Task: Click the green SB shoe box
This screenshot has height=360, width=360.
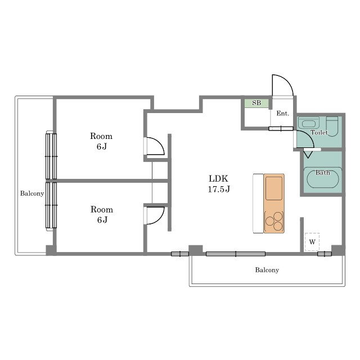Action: (256, 103)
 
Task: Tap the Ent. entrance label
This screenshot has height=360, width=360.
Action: (282, 114)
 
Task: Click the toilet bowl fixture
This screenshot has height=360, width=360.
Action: (332, 127)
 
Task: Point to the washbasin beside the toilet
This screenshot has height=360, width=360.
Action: (309, 124)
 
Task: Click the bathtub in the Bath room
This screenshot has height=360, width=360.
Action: (322, 177)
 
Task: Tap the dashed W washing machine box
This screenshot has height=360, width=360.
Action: (312, 242)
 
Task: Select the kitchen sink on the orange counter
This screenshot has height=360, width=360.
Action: (274, 188)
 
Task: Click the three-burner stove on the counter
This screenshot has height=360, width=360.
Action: (274, 221)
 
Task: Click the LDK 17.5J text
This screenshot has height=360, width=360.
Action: (219, 184)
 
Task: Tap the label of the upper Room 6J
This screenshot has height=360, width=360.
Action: (101, 141)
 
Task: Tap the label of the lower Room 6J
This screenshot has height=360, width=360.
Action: (102, 215)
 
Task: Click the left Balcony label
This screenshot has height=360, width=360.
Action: (32, 193)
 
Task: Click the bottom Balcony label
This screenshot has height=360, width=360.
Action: (267, 270)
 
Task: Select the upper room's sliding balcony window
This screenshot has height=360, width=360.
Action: (51, 156)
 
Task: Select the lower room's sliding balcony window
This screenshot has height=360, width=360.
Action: (51, 205)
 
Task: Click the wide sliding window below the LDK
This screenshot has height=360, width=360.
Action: (236, 254)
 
